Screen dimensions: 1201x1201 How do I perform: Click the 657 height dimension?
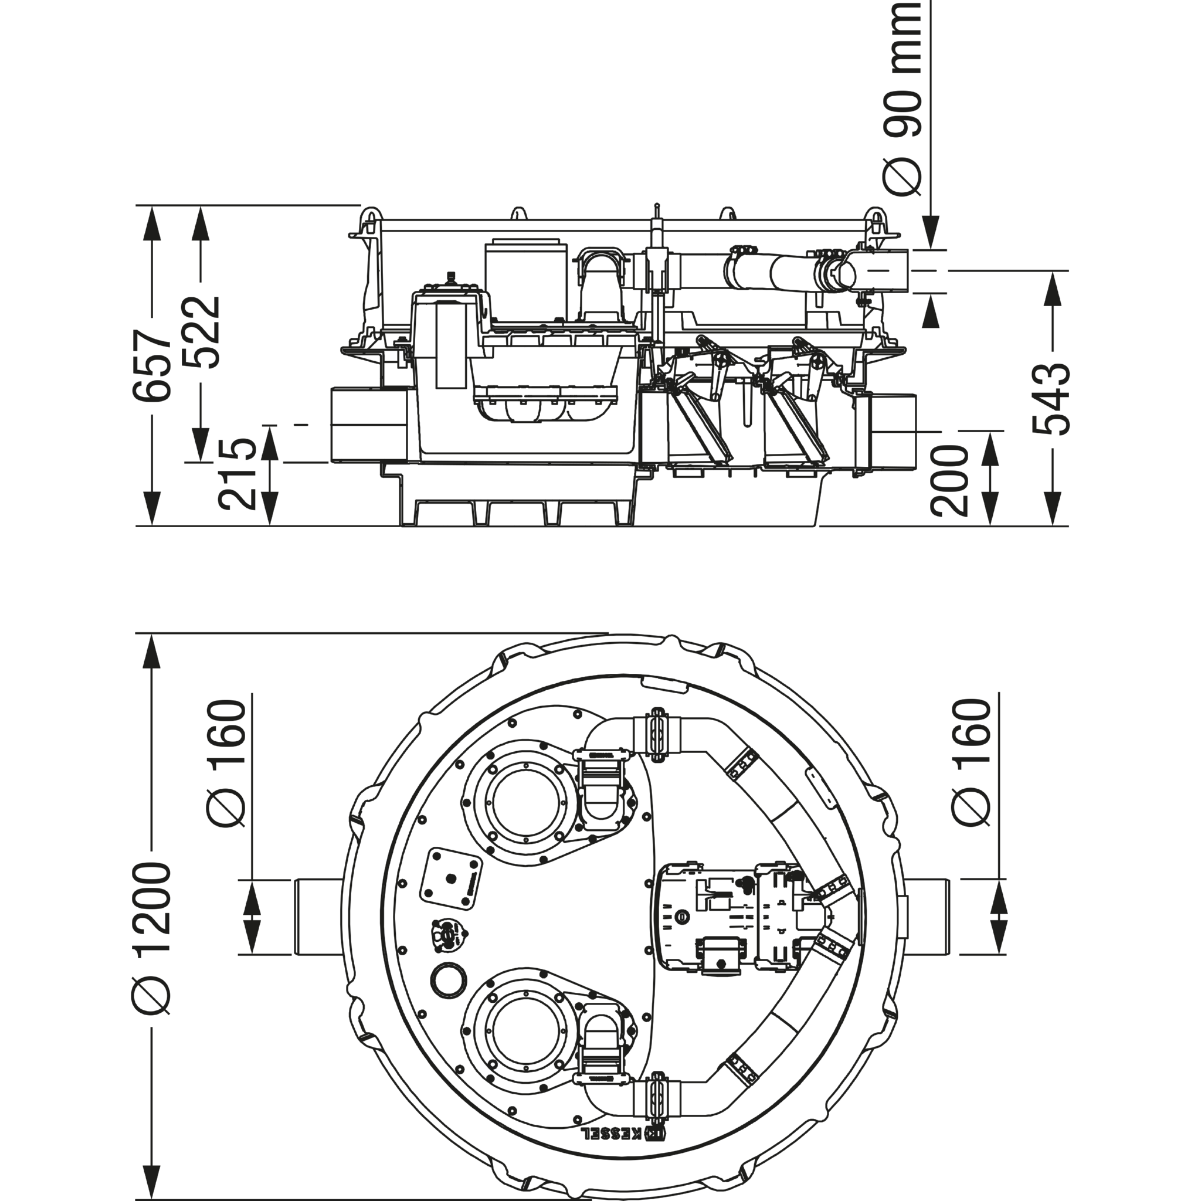[153, 365]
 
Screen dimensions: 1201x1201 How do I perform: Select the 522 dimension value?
[202, 333]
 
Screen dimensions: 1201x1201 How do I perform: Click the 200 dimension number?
[950, 480]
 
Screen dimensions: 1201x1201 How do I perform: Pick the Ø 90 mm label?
[903, 98]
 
